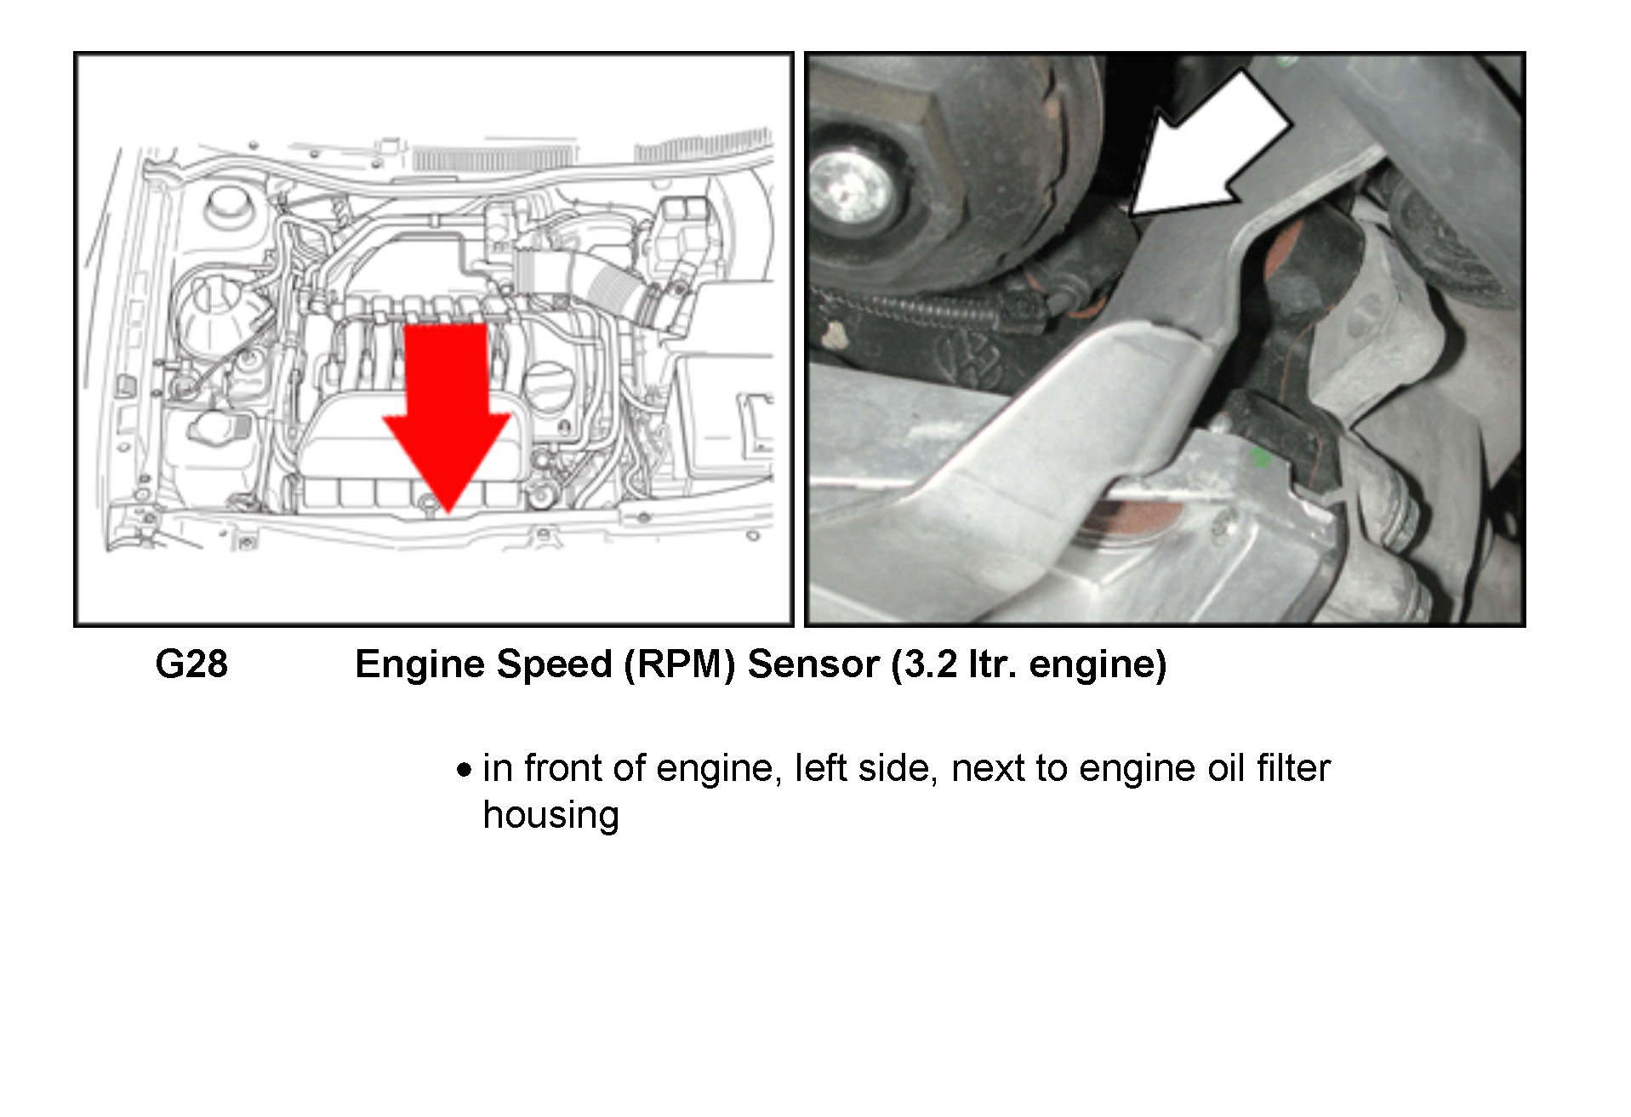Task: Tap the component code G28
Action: pos(191,664)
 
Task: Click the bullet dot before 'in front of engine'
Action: pos(463,771)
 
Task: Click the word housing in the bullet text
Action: pos(551,815)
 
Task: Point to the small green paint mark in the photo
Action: pos(1263,459)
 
